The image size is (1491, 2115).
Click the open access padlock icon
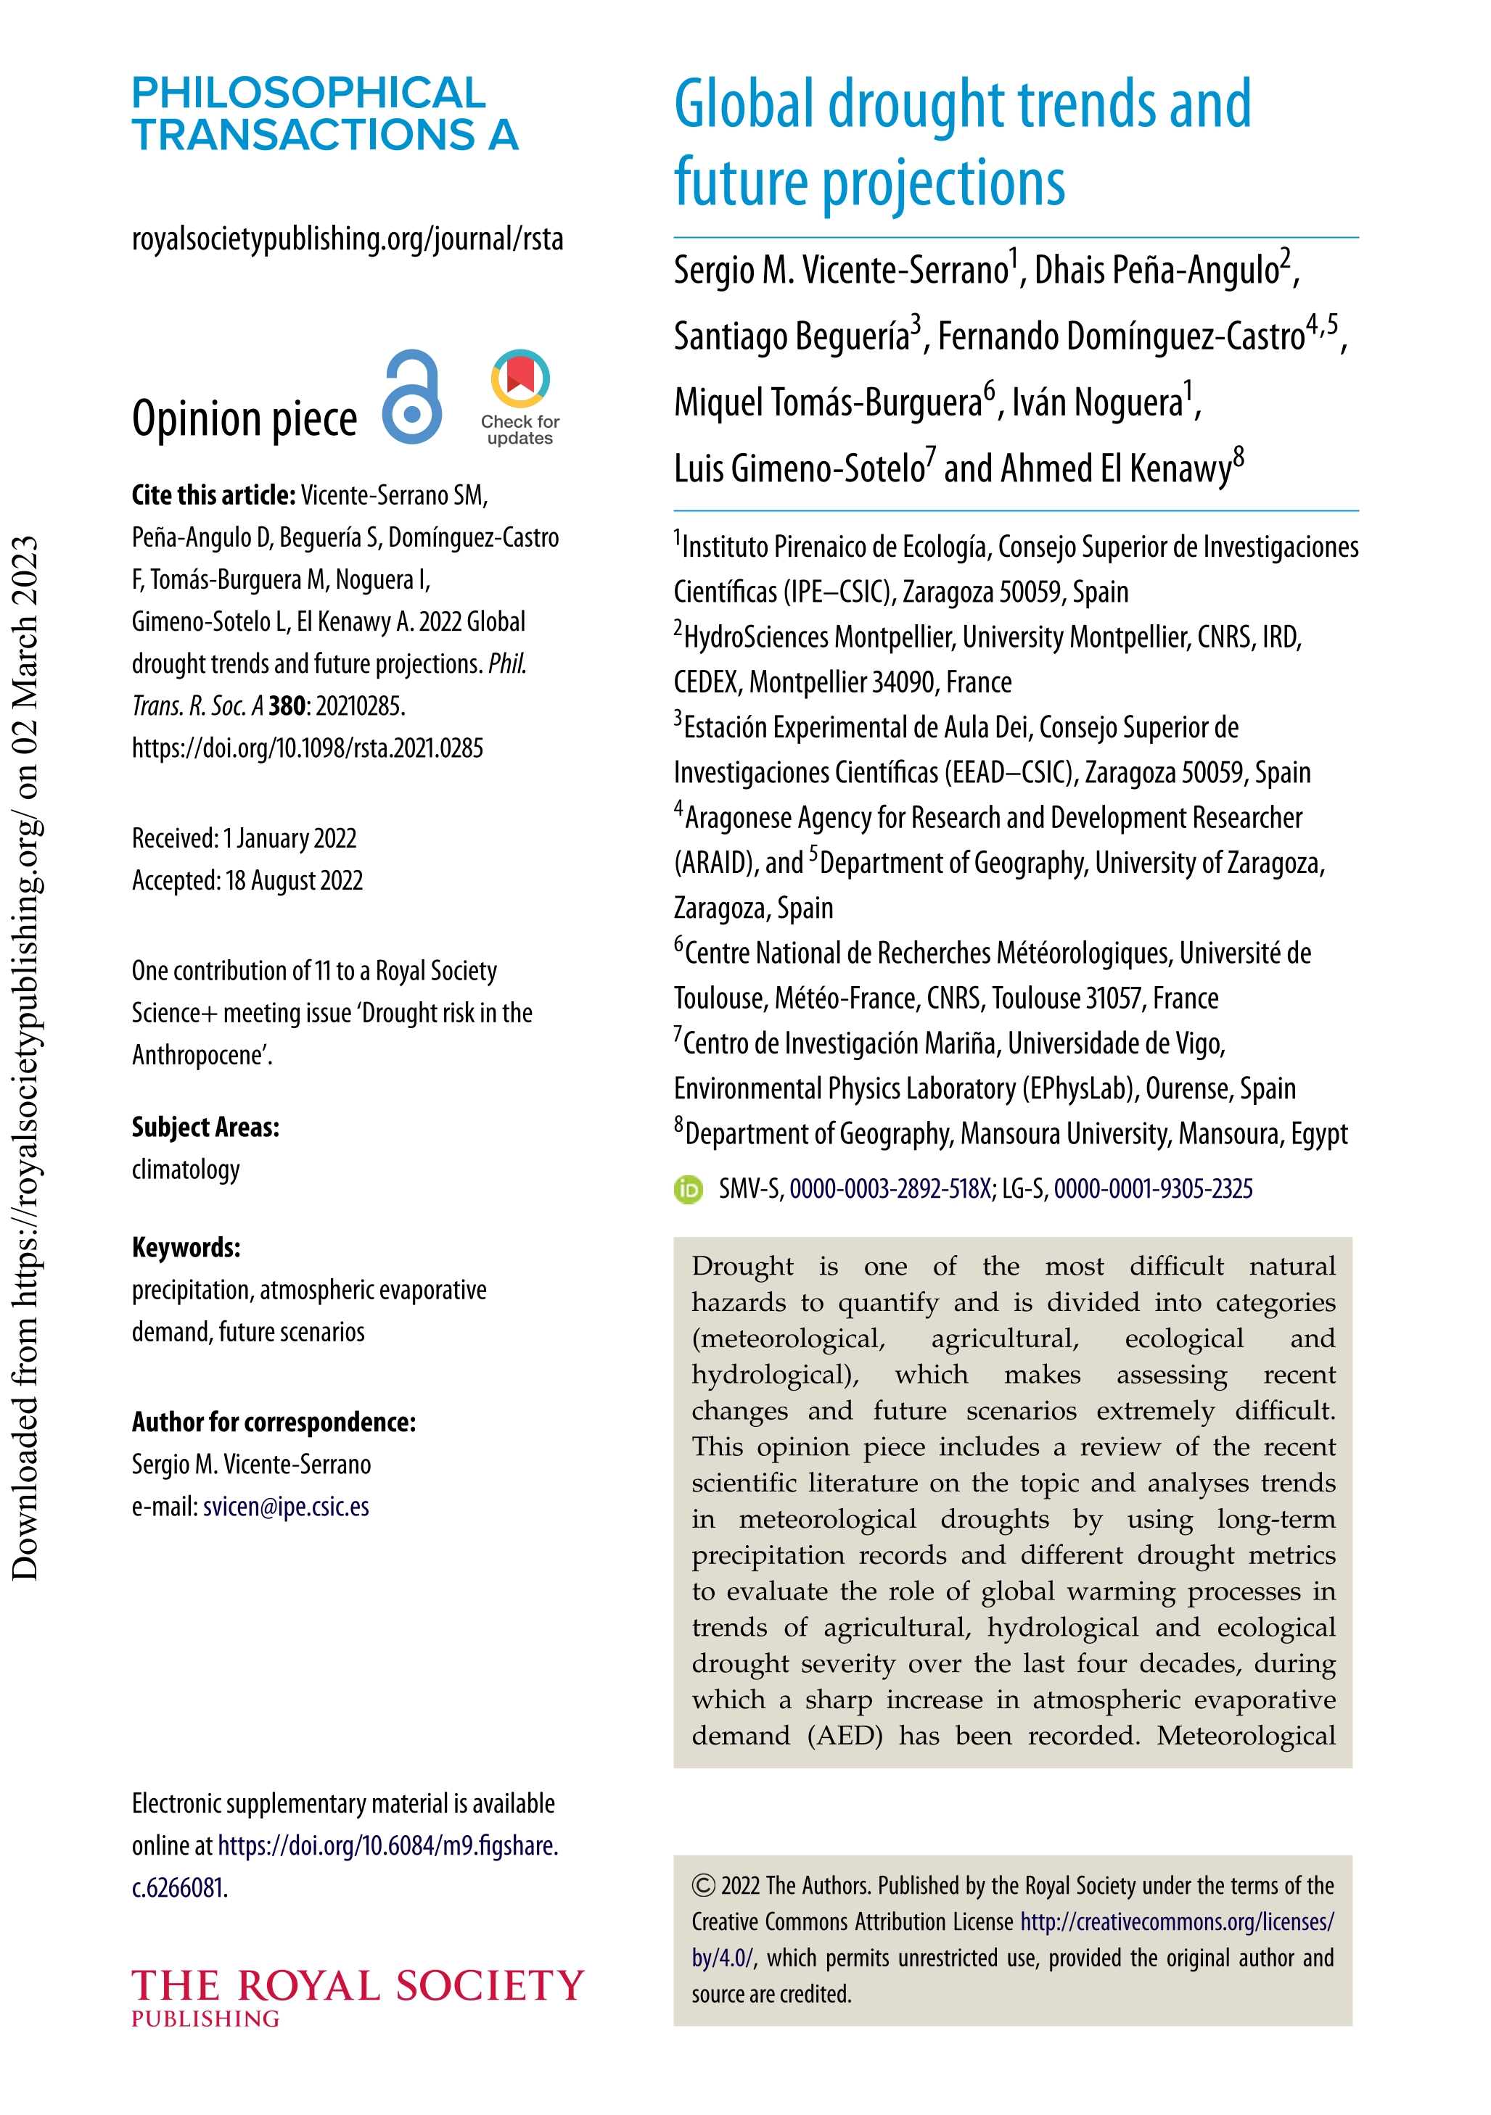412,398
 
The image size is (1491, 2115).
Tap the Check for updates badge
519,397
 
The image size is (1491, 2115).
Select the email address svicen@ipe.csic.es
286,1506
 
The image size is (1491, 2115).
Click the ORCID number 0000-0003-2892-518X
890,1189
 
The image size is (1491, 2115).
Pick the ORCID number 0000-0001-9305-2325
1153,1189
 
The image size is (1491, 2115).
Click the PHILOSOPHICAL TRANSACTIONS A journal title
324,113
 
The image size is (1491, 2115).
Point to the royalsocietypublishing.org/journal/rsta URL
348,239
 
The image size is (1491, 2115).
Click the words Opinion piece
245,419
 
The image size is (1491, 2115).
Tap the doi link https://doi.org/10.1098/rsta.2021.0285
307,748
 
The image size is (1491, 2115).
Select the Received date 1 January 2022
289,838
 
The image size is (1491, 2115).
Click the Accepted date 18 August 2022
294,881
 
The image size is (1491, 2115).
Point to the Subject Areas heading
205,1127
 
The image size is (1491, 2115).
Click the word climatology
185,1170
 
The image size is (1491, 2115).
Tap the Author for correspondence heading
274,1423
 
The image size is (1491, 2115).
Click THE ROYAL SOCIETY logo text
358,1987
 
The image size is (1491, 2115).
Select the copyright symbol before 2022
703,1886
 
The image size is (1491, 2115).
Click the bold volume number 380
287,706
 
